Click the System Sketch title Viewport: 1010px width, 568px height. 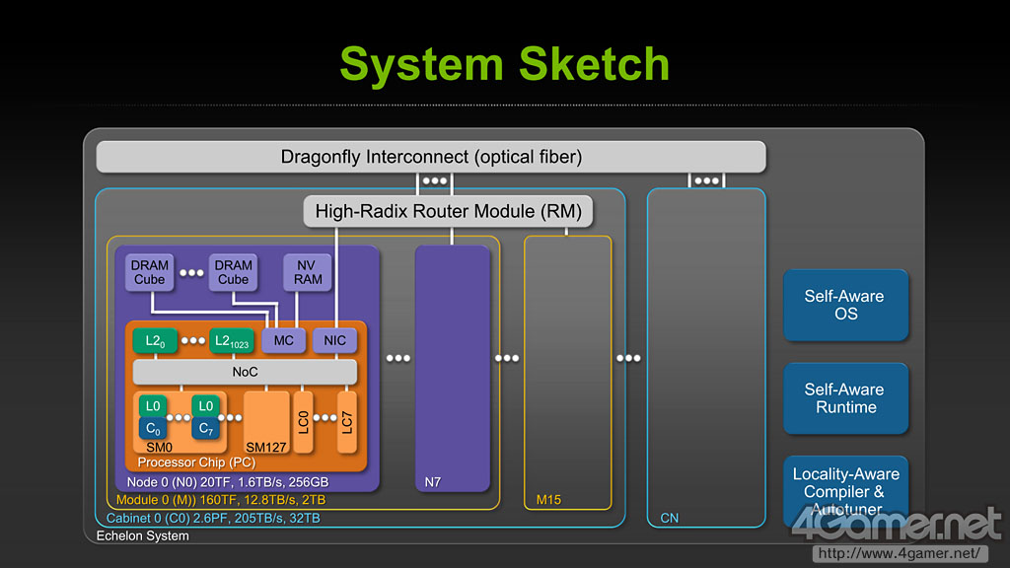click(x=504, y=64)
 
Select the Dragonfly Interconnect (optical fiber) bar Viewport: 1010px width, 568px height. click(x=431, y=157)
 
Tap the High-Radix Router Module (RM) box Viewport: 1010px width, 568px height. click(x=448, y=211)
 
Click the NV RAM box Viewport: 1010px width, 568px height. click(x=308, y=272)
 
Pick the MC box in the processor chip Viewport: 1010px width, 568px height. click(x=283, y=340)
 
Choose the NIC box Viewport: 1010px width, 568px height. click(x=335, y=340)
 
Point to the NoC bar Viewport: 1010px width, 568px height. click(x=245, y=372)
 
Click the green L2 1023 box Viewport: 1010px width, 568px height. click(x=231, y=340)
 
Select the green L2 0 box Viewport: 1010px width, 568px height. click(x=155, y=340)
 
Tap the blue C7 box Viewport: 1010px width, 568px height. click(x=205, y=428)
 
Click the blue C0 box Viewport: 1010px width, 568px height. click(x=153, y=428)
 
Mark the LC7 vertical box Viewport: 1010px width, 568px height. click(x=347, y=422)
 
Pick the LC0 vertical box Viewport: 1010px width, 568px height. click(x=304, y=422)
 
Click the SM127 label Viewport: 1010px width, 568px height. click(x=266, y=447)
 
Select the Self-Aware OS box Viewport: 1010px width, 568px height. click(x=845, y=305)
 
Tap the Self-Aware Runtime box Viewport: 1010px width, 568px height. click(x=845, y=398)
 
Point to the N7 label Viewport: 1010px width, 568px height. click(x=433, y=481)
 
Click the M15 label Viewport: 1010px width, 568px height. click(x=548, y=500)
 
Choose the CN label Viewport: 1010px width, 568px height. click(x=670, y=518)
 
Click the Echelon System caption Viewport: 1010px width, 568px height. click(x=143, y=535)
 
